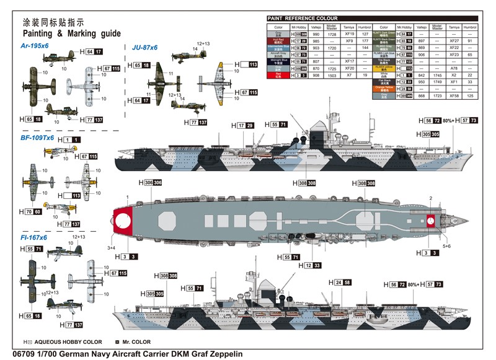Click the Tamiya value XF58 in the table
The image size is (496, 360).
(x=454, y=95)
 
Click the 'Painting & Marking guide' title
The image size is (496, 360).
(x=71, y=33)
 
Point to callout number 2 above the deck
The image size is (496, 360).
(x=430, y=198)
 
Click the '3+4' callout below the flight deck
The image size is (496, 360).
(x=111, y=248)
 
